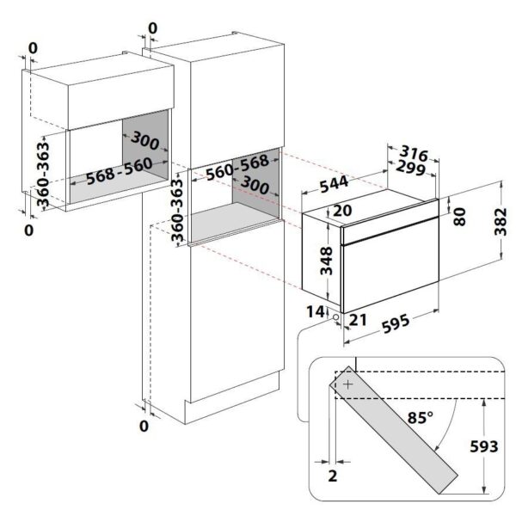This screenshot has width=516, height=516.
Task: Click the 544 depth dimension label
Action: [334, 184]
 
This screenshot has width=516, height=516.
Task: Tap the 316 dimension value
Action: [414, 153]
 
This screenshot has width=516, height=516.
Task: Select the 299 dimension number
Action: [411, 168]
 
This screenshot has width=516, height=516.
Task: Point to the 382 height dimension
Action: [501, 221]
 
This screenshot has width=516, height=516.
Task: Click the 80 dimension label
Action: [460, 217]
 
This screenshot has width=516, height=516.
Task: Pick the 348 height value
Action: [327, 261]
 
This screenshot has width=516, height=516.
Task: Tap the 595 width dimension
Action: [396, 323]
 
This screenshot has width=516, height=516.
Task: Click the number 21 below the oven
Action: [358, 320]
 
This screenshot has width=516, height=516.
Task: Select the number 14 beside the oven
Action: [316, 311]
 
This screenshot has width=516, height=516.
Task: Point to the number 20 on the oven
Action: [342, 211]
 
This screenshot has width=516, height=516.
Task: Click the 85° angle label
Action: [421, 418]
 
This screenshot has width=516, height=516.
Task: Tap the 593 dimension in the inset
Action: [483, 446]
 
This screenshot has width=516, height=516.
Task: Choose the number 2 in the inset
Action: [333, 476]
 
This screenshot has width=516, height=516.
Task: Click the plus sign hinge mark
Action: [347, 384]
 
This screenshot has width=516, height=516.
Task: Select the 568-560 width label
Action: [120, 171]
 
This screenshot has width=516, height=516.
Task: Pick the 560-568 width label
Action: [237, 168]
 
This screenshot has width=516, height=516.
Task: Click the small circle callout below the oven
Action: [335, 317]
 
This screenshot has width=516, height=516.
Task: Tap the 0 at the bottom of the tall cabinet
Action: [144, 427]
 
